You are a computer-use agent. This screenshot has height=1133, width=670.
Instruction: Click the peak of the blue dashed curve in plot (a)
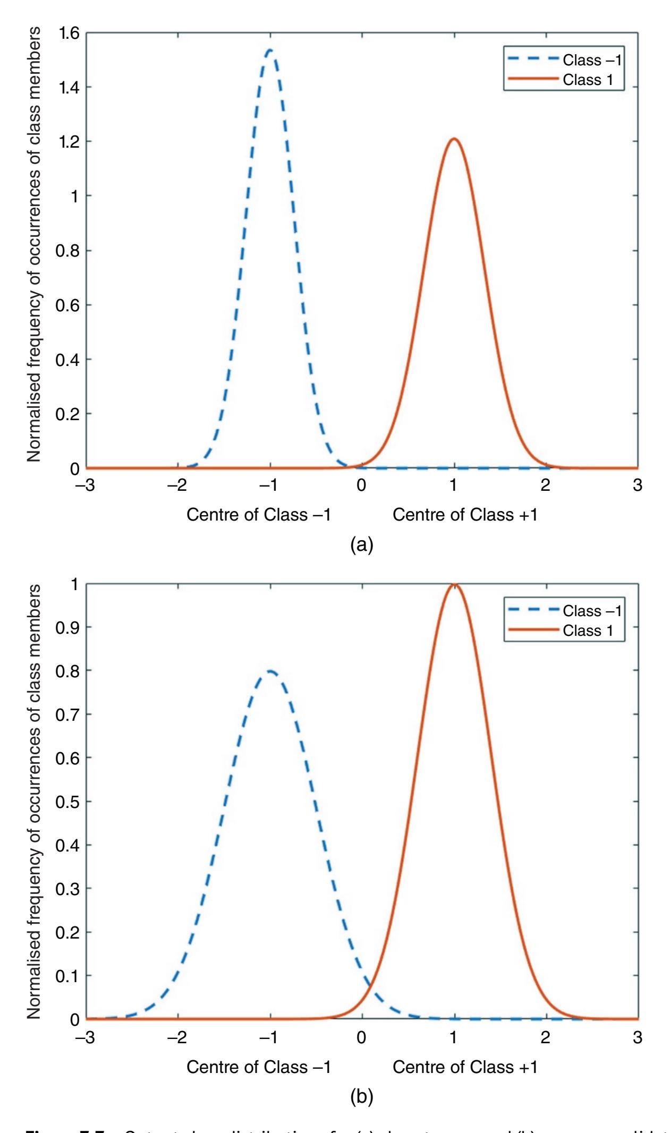point(270,50)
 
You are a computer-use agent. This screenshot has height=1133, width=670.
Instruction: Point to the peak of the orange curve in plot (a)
point(454,139)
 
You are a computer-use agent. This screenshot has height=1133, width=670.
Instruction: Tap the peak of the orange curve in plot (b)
point(454,584)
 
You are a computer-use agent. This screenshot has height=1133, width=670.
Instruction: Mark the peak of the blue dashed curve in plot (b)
point(270,671)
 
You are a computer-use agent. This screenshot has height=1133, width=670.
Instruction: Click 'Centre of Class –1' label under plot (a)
point(258,515)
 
